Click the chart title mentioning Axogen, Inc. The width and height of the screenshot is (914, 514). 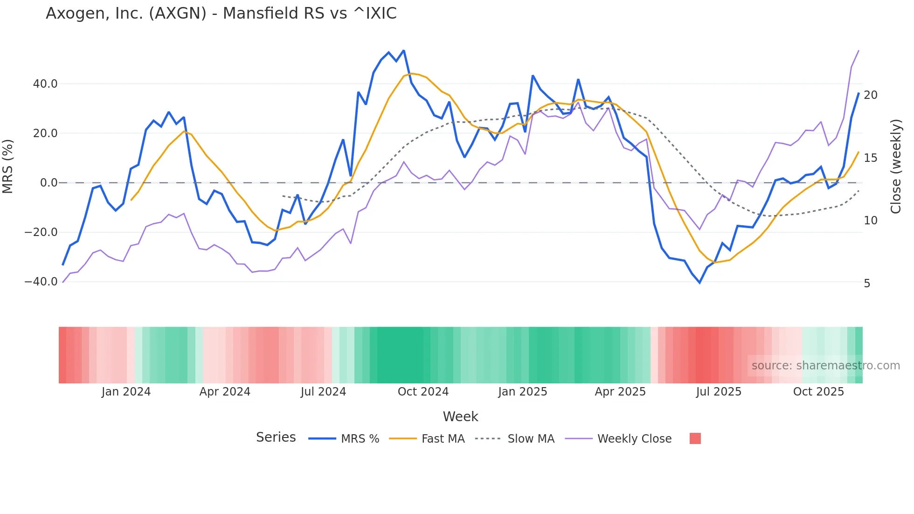click(221, 14)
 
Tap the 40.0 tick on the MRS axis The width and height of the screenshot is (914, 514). click(45, 84)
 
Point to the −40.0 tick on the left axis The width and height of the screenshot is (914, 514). click(41, 282)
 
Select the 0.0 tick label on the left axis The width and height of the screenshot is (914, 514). click(49, 183)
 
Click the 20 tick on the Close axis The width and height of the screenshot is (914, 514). click(870, 95)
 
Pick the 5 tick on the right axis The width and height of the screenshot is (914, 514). click(867, 284)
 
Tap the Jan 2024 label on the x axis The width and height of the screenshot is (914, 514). click(126, 392)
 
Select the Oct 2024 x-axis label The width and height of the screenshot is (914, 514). click(423, 392)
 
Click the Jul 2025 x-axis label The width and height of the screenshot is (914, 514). click(719, 392)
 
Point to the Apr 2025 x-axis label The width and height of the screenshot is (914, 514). click(620, 392)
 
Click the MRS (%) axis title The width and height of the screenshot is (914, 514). click(8, 166)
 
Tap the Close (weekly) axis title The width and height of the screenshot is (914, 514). click(896, 167)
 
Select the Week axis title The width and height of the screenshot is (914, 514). click(460, 417)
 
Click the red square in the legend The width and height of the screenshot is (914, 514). click(695, 438)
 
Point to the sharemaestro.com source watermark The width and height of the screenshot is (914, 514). click(825, 366)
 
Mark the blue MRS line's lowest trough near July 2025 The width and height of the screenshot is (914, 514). click(699, 283)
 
